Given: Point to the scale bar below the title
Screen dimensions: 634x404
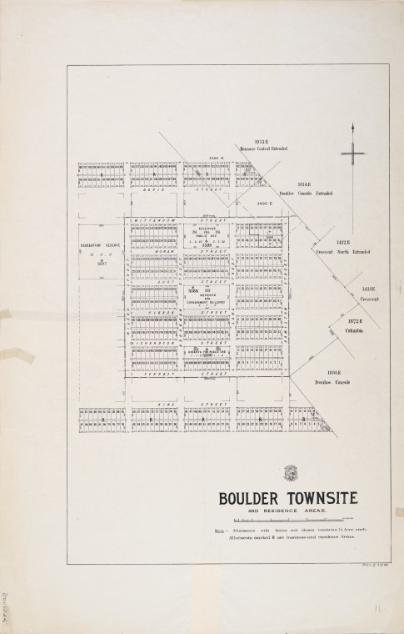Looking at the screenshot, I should (x=287, y=521).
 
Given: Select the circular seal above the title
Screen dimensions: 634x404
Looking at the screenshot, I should (x=289, y=474).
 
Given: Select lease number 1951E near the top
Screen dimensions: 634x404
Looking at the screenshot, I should (x=262, y=142).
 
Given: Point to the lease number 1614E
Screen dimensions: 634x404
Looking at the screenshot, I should (x=304, y=184).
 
